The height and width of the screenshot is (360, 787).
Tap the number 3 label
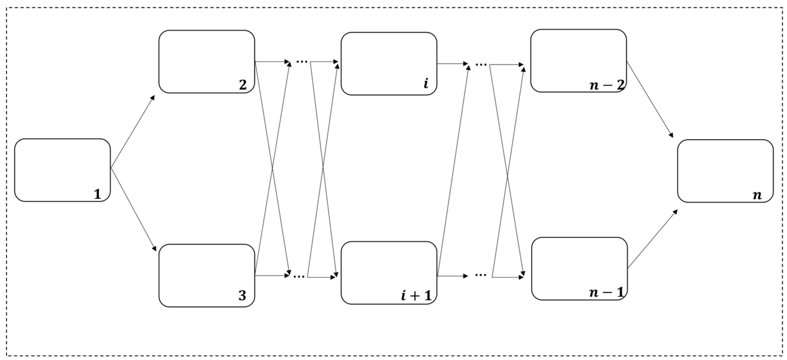click(x=242, y=296)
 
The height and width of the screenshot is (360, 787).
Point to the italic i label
click(x=426, y=83)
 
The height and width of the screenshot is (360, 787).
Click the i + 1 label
click(x=416, y=296)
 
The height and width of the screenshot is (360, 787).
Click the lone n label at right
click(x=757, y=195)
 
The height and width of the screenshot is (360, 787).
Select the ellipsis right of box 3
click(x=299, y=277)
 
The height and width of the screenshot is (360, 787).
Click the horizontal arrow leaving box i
click(x=453, y=64)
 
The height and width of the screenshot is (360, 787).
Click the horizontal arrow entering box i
click(x=324, y=62)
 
